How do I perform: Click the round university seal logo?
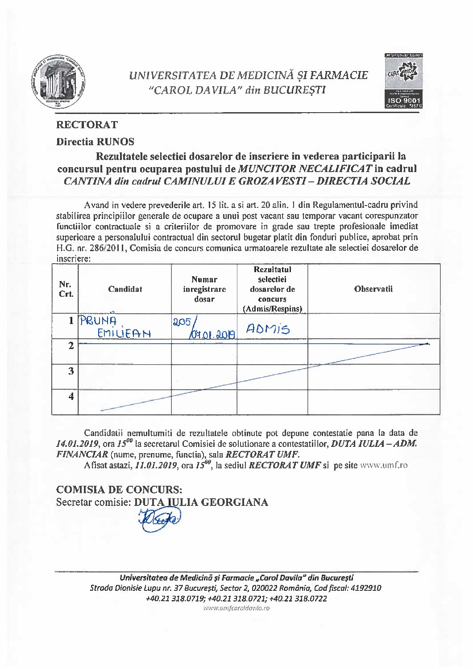click(x=58, y=81)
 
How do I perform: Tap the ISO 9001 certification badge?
click(x=403, y=81)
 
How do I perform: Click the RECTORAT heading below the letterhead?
click(x=87, y=125)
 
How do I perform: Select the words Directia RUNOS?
click(x=95, y=142)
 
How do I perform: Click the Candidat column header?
click(x=125, y=289)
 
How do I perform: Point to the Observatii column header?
click(x=373, y=289)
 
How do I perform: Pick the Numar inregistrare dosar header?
click(x=204, y=289)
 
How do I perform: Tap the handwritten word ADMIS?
click(x=268, y=329)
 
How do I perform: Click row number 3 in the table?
click(x=71, y=371)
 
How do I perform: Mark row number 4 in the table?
click(x=71, y=396)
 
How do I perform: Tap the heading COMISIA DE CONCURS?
click(x=119, y=489)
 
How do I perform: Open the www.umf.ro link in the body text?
click(x=383, y=465)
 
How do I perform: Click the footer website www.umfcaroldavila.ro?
click(x=236, y=608)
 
